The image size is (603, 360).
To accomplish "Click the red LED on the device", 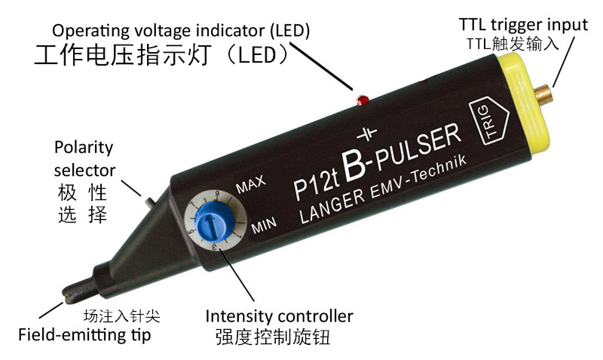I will tap(362, 98).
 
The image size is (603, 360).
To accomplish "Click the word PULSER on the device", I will tap(418, 148).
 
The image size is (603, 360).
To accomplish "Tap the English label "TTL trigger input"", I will tap(523, 24).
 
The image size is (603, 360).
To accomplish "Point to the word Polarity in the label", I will tap(83, 147).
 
